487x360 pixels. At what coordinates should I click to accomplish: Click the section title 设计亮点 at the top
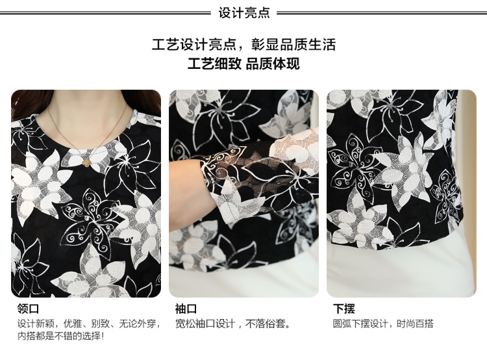(243, 13)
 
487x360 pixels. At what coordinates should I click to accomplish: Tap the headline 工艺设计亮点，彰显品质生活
(243, 44)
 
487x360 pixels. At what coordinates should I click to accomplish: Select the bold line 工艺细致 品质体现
(243, 64)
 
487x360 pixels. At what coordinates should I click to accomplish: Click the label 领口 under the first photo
(29, 309)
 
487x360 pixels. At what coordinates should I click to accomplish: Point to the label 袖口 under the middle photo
(186, 309)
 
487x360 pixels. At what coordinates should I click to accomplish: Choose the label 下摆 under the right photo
(343, 309)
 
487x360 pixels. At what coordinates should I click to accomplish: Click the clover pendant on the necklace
(86, 161)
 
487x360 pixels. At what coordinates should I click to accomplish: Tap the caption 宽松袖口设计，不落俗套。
(233, 324)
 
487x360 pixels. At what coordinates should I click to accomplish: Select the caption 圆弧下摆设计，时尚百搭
(383, 324)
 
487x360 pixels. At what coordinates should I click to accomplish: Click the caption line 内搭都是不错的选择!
(60, 336)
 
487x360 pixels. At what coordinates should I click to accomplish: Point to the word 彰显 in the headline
(265, 44)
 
